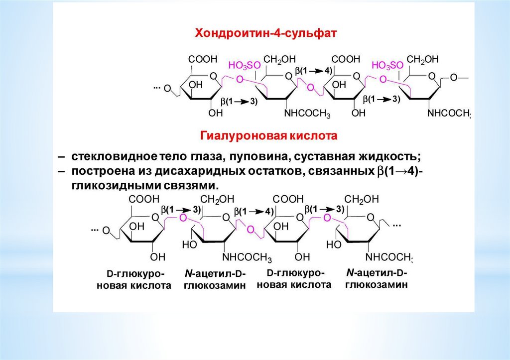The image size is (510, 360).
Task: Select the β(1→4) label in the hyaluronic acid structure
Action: point(254,211)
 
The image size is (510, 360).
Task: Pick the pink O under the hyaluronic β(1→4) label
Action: point(251,230)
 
